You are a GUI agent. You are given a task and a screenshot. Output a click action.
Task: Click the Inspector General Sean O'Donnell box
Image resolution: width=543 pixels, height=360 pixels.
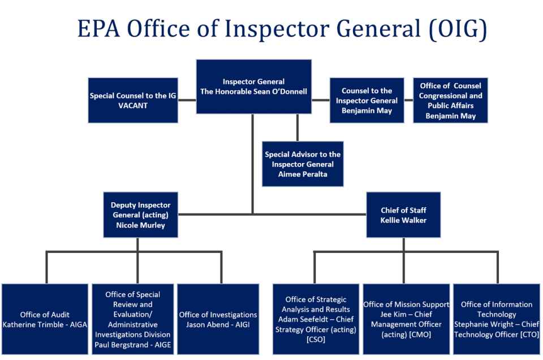tap(253, 87)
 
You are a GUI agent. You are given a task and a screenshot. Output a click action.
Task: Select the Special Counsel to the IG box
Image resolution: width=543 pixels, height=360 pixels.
tap(133, 100)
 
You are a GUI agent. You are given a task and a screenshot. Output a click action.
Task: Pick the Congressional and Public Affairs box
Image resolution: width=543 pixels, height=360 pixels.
tap(450, 100)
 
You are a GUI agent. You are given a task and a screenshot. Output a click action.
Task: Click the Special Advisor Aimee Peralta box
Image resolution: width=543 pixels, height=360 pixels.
tap(303, 164)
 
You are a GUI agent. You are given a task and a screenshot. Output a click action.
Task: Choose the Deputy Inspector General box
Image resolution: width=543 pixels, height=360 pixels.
tap(140, 215)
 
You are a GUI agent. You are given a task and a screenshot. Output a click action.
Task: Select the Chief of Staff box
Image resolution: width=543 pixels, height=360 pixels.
tap(403, 215)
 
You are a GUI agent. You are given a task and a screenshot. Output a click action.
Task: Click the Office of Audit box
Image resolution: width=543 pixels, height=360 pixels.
tap(45, 319)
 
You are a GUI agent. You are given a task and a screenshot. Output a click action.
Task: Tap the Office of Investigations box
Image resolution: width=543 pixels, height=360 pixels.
tap(218, 319)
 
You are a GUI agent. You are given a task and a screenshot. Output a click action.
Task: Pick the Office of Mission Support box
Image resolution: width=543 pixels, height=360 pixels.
tap(406, 319)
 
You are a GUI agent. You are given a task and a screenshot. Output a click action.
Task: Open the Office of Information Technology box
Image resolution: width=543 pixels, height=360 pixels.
tap(496, 319)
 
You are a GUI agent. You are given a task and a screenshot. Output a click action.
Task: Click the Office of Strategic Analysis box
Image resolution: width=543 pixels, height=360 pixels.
tap(316, 319)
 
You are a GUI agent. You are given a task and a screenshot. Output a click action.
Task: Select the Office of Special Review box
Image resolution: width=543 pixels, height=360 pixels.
tap(133, 319)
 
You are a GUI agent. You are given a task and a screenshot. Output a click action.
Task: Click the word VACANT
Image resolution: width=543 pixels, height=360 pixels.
tap(133, 105)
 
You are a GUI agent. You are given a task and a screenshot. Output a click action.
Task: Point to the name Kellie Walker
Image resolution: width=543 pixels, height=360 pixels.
tap(403, 220)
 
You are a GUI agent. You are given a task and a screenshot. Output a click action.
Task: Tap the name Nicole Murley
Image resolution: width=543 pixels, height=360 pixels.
tap(140, 225)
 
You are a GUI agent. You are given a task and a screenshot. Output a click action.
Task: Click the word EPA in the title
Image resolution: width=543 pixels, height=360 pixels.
tap(100, 29)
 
